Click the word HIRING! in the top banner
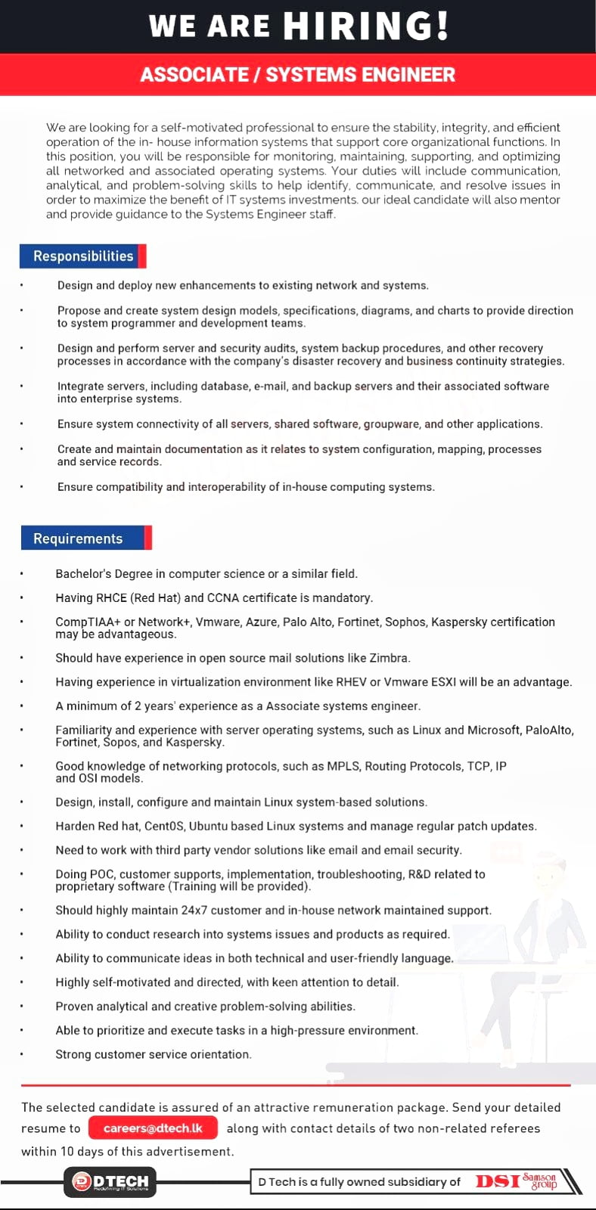click(x=366, y=26)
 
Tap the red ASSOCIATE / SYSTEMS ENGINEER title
click(x=297, y=75)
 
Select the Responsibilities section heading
click(x=82, y=256)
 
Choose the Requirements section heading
click(x=78, y=538)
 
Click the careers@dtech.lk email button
click(x=153, y=1128)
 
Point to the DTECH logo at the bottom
click(x=110, y=1182)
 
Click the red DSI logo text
click(x=498, y=1181)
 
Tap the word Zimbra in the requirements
click(x=390, y=658)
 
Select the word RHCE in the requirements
click(x=112, y=597)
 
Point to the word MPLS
click(x=344, y=766)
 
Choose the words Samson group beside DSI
click(x=540, y=1181)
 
